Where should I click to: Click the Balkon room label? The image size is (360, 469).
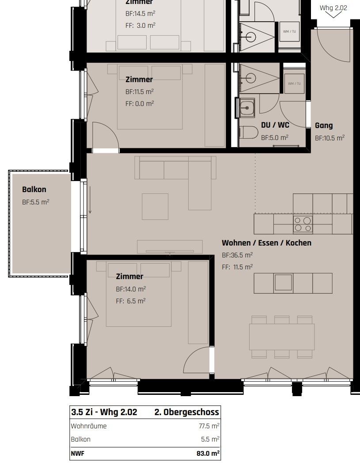[34, 189]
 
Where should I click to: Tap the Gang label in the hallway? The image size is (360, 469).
[324, 125]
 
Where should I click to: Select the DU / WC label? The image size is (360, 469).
[275, 125]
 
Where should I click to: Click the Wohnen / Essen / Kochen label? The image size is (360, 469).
[266, 243]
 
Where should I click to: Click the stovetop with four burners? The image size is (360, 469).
[303, 224]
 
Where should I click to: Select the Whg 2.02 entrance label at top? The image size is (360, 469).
[333, 8]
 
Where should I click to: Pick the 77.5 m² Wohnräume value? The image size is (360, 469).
[209, 426]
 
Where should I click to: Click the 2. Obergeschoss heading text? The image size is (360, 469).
[186, 412]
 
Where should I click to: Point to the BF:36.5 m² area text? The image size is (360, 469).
[237, 255]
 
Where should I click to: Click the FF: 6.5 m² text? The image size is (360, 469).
[131, 301]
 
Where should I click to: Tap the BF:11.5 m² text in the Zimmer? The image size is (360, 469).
[140, 92]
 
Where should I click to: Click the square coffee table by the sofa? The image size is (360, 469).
[155, 206]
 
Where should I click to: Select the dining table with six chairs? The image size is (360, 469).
[281, 337]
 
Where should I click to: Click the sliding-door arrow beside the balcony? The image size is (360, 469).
[90, 200]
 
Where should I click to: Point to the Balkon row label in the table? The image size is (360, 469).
[81, 439]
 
